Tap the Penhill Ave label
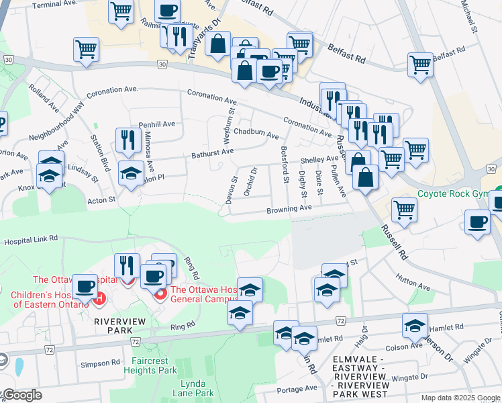coord(156,124)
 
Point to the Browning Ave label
coord(290,209)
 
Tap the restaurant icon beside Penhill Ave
coord(125,140)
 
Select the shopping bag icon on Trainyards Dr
coord(219,44)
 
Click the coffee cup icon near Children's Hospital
coord(85,287)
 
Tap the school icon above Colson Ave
coord(415,326)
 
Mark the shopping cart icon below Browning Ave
coord(404,210)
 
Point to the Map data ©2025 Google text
coord(460,398)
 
